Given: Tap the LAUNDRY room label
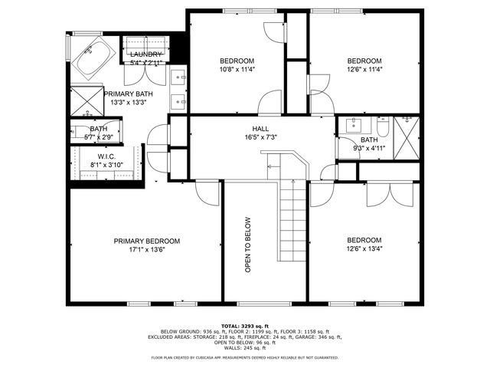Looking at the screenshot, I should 145,54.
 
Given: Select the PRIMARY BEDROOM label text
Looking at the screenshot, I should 147,240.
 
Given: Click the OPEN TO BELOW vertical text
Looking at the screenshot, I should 248,243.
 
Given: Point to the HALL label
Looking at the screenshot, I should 260,129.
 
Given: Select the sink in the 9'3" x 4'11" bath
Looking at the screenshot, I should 354,125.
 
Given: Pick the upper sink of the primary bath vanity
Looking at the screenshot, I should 179,77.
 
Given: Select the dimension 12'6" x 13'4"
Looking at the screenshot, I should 364,248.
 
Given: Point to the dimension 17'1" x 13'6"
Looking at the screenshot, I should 147,249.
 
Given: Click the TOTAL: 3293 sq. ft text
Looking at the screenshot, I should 245,325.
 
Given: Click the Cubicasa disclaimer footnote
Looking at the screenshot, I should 245,357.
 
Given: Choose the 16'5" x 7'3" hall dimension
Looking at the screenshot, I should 260,137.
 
